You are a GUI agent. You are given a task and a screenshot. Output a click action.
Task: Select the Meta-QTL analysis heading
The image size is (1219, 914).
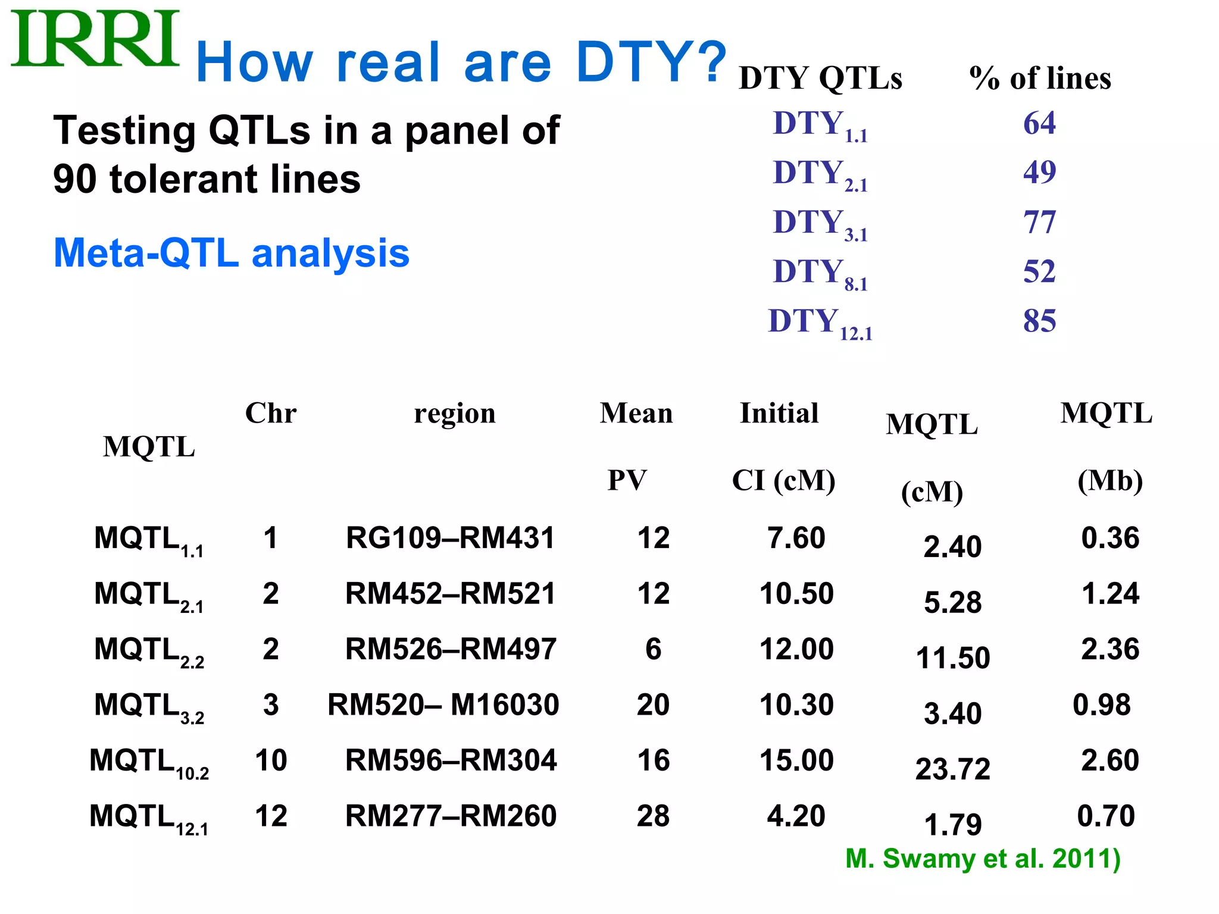coord(232,253)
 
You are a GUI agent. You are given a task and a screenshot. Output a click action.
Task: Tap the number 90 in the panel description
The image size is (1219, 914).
coord(75,179)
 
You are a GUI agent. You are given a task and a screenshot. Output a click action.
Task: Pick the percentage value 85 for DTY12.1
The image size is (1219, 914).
coord(1039,321)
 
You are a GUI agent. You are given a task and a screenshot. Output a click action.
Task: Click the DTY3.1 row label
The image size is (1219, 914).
coord(820,224)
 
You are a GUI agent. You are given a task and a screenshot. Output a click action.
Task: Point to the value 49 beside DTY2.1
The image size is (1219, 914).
coord(1039,173)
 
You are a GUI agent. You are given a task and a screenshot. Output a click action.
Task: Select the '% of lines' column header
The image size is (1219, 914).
coord(1040,79)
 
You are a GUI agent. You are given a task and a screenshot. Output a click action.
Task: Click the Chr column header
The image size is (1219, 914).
coord(271,413)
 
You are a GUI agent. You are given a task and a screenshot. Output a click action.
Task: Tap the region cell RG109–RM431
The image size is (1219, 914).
coord(450,538)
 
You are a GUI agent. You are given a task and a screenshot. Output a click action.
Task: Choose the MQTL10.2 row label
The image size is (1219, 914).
coord(149,762)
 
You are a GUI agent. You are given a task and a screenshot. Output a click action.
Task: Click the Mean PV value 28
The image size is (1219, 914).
coord(653,816)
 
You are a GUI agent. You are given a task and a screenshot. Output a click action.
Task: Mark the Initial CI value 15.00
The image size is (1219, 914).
coord(796,760)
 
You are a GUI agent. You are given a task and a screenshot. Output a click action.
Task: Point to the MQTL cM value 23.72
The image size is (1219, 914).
coord(952,769)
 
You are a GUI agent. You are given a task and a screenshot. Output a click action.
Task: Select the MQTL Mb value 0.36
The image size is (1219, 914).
coord(1110,538)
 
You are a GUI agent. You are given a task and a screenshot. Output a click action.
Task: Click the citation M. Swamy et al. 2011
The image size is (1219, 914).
coord(983,859)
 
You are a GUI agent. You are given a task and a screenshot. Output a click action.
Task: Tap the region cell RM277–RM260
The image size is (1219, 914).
coord(451,816)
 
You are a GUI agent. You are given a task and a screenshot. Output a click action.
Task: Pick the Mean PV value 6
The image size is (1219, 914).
coord(653,649)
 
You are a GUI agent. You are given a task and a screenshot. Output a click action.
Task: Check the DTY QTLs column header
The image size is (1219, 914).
coord(820,79)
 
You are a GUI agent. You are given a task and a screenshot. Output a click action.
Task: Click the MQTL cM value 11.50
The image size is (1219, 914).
coord(952,658)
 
